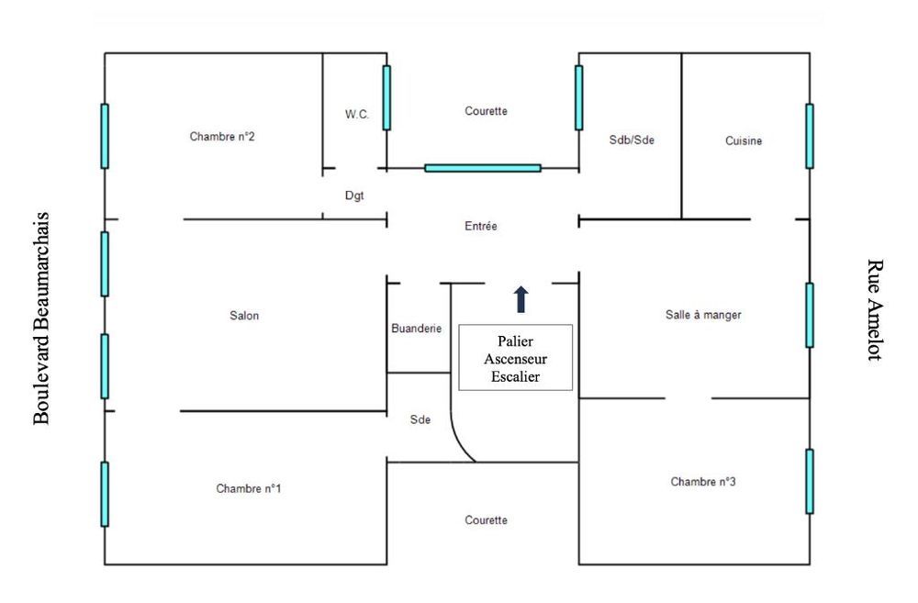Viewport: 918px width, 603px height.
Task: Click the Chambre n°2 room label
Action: point(222,137)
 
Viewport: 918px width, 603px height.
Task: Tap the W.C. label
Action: point(357,114)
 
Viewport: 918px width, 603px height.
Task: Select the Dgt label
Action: point(354,195)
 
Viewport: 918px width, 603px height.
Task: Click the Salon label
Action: point(244,316)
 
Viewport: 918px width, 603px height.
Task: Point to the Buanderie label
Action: point(417,328)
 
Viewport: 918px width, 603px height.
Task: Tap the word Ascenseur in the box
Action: point(515,358)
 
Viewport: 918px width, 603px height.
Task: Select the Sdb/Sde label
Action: point(632,140)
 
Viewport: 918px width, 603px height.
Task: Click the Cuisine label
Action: point(744,140)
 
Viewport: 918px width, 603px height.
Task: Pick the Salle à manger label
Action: point(703,314)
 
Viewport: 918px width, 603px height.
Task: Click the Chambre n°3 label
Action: point(703,481)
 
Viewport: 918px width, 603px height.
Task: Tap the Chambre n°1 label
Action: point(249,488)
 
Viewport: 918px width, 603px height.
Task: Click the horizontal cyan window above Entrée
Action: point(483,168)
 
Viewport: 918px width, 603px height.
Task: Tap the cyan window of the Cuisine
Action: point(810,136)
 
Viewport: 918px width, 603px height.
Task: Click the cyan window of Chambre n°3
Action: point(810,481)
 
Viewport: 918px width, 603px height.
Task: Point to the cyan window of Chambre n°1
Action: point(105,494)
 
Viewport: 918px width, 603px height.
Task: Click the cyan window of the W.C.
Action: point(386,97)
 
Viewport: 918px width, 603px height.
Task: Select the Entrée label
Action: point(481,226)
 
